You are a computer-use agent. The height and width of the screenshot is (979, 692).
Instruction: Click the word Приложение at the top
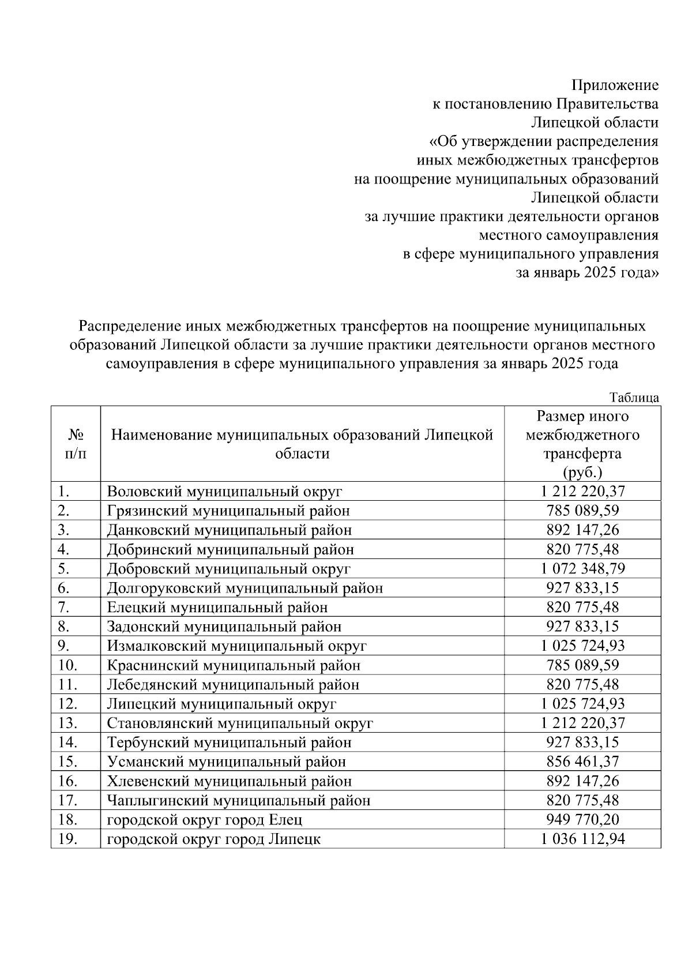click(615, 86)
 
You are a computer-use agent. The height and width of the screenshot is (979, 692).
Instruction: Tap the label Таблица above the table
click(634, 398)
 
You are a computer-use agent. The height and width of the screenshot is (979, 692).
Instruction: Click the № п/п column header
click(76, 444)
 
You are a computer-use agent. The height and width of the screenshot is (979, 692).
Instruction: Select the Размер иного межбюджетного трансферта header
click(582, 444)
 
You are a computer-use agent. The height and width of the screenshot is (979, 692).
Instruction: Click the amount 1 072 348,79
click(582, 569)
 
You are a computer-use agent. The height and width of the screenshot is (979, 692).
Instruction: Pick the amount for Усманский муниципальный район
click(582, 762)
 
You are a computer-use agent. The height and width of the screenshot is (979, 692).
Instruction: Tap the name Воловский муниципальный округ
click(225, 492)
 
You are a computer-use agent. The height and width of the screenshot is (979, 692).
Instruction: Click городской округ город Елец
click(205, 820)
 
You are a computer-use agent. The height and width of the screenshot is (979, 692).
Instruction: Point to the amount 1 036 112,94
click(582, 839)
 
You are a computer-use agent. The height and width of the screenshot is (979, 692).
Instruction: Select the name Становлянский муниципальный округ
click(240, 723)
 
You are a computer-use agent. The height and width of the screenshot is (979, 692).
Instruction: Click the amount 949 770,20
click(582, 820)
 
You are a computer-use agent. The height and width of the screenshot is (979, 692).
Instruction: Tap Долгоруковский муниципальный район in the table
click(245, 588)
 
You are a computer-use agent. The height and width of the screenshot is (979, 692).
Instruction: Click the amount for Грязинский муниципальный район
click(582, 511)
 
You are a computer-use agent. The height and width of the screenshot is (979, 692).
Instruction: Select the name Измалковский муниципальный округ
click(236, 646)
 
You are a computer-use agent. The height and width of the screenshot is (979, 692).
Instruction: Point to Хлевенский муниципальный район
click(229, 781)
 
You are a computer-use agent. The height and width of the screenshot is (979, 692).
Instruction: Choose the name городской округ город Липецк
click(214, 839)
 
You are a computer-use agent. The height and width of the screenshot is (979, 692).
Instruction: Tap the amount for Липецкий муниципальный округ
click(582, 704)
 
